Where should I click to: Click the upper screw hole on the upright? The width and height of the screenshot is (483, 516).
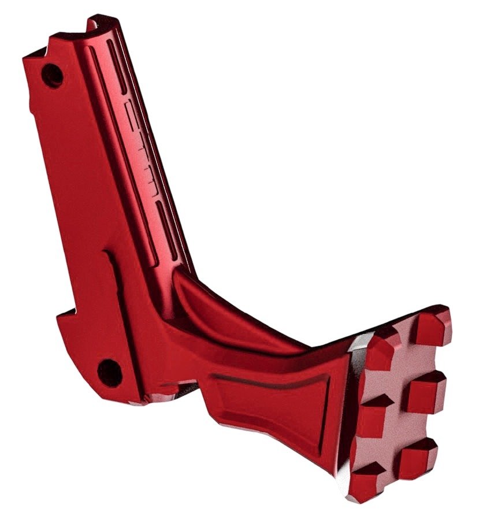click(x=54, y=75)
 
